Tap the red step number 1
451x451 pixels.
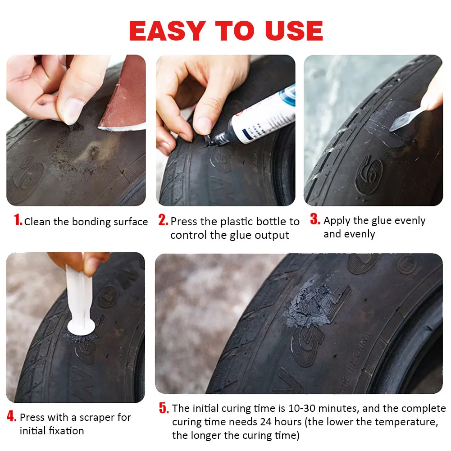[x=18, y=220]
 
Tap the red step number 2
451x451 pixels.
[x=163, y=220]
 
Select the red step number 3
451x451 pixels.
[x=315, y=219]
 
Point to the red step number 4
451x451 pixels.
[x=12, y=416]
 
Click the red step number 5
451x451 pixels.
[x=164, y=408]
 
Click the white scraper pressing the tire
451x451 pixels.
[x=82, y=306]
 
